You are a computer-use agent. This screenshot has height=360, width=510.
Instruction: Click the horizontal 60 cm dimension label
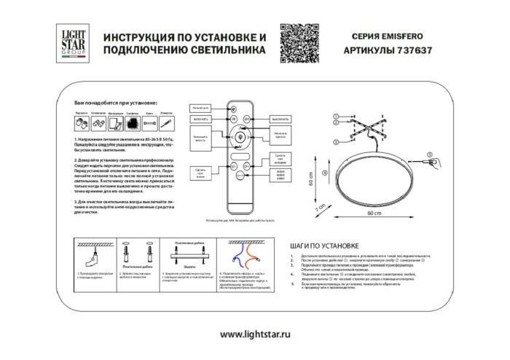(374, 214)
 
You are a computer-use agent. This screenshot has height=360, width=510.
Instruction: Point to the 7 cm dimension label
(318, 209)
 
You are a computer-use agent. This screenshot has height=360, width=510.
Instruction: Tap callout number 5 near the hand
(430, 154)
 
